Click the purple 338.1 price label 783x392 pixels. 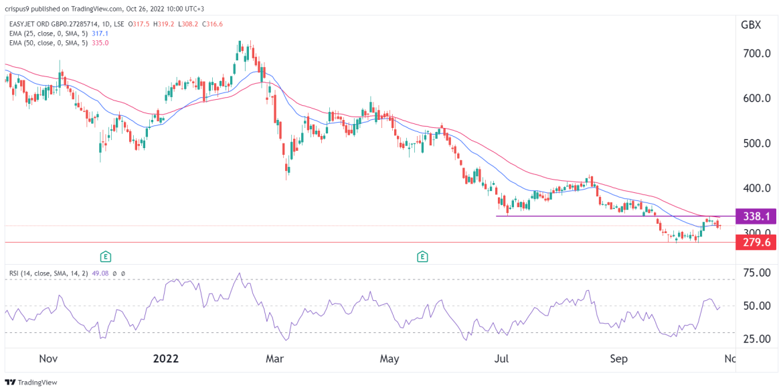[x=754, y=216]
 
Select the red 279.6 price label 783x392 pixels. [x=754, y=242]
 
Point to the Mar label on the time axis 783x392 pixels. [x=274, y=358]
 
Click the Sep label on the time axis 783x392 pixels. [x=619, y=358]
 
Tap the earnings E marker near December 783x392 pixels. [x=105, y=256]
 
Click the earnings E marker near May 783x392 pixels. [x=422, y=256]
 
